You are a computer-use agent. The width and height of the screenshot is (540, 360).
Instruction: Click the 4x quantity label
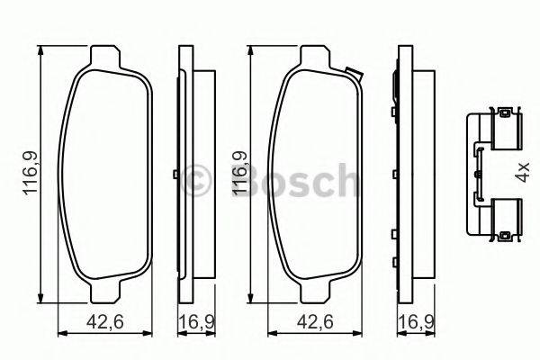[522, 172]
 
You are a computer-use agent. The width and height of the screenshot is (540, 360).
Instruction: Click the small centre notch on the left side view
[173, 174]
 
